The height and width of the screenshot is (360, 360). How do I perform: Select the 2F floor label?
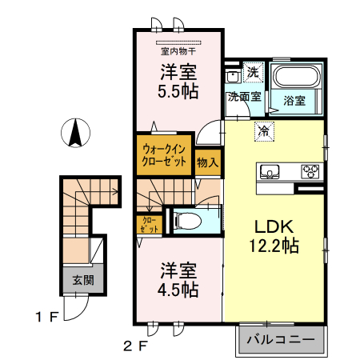coord(136,346)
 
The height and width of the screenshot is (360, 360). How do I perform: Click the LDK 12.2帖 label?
coord(276,236)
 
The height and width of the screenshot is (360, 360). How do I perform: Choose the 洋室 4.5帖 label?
coord(177,280)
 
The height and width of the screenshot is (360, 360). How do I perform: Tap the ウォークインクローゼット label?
coord(166,154)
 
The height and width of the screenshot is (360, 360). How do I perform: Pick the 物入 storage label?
coord(207,162)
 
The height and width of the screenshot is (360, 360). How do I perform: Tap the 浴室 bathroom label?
coord(294,101)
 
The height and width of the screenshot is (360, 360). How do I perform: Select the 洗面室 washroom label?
coord(243,97)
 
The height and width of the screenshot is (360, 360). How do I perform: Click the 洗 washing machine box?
coord(252,73)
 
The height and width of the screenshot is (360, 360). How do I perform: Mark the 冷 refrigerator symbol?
coord(262,130)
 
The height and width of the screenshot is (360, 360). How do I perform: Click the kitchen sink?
coord(269,170)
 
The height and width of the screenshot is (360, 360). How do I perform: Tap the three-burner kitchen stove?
coord(310,170)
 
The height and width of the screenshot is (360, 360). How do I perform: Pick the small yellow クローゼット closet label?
coord(149,223)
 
